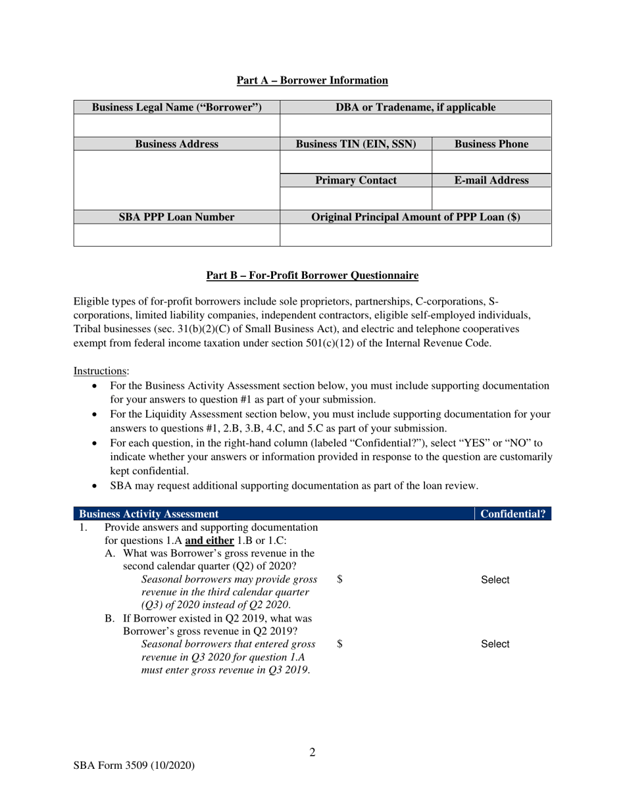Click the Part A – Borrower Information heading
pyautogui.click(x=312, y=80)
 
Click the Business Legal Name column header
pyautogui.click(x=176, y=107)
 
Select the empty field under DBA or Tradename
pyautogui.click(x=415, y=125)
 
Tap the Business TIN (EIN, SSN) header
pyautogui.click(x=356, y=144)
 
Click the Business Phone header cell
pyautogui.click(x=491, y=144)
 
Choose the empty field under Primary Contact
pyautogui.click(x=356, y=198)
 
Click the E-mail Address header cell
pyautogui.click(x=491, y=181)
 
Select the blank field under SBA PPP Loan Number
pyautogui.click(x=176, y=235)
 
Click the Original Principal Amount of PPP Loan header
pyautogui.click(x=415, y=217)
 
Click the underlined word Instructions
pyautogui.click(x=91, y=371)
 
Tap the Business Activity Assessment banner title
pyautogui.click(x=149, y=514)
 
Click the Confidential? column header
pyautogui.click(x=512, y=514)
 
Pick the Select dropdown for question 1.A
pyautogui.click(x=495, y=580)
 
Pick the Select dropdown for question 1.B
pyautogui.click(x=495, y=645)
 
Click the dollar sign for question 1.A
pyautogui.click(x=339, y=579)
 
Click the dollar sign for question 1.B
pyautogui.click(x=339, y=644)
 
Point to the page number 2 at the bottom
pyautogui.click(x=312, y=752)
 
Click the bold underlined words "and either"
pyautogui.click(x=209, y=541)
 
